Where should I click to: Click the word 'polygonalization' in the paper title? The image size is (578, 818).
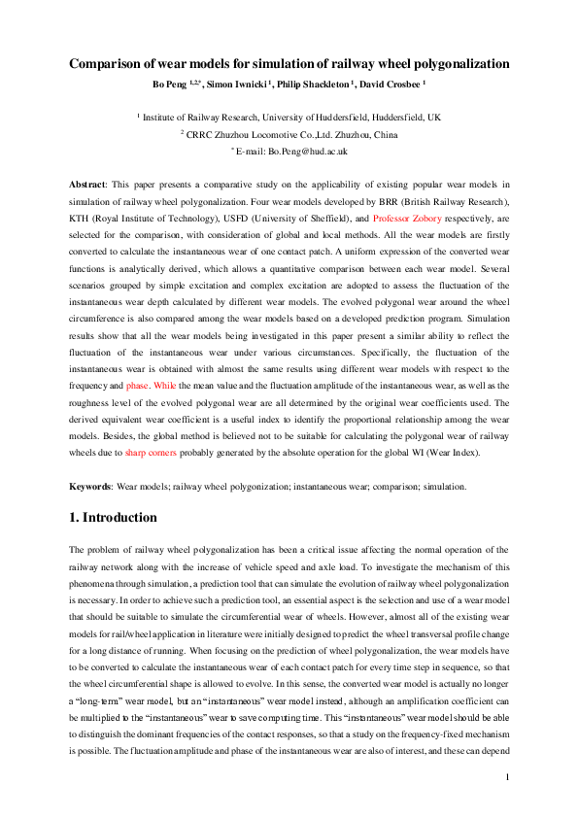point(456,64)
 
